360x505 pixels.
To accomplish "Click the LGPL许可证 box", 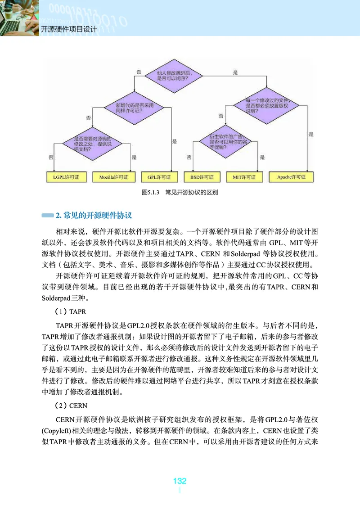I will coord(66,177).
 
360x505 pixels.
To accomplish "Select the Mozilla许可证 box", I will coord(113,177).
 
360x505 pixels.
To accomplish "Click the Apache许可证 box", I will coord(290,177).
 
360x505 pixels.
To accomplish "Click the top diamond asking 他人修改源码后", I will coord(173,76).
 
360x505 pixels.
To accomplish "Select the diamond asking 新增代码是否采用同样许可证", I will coord(129,107).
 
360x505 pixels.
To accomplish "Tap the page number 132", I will coord(180,481).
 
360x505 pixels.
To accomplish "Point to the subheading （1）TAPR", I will coord(70,311).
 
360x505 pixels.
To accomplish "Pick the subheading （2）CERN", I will coord(71,406).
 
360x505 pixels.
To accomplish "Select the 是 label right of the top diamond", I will coord(235,72).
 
